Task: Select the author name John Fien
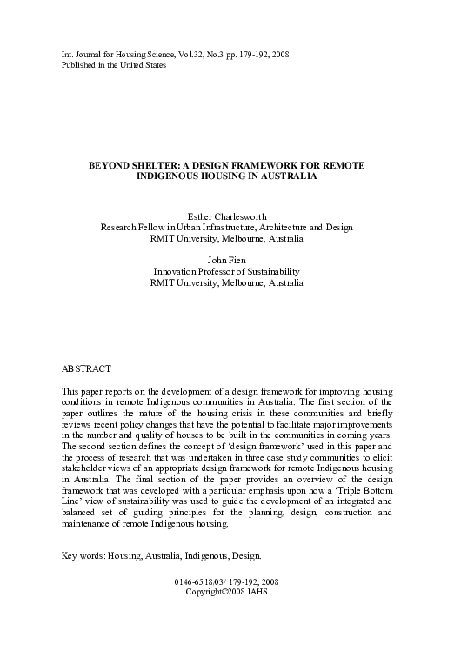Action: pos(226,260)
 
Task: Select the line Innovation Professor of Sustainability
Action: pos(226,271)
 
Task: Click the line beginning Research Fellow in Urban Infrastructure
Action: pos(226,227)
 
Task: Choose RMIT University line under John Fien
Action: pos(226,282)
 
